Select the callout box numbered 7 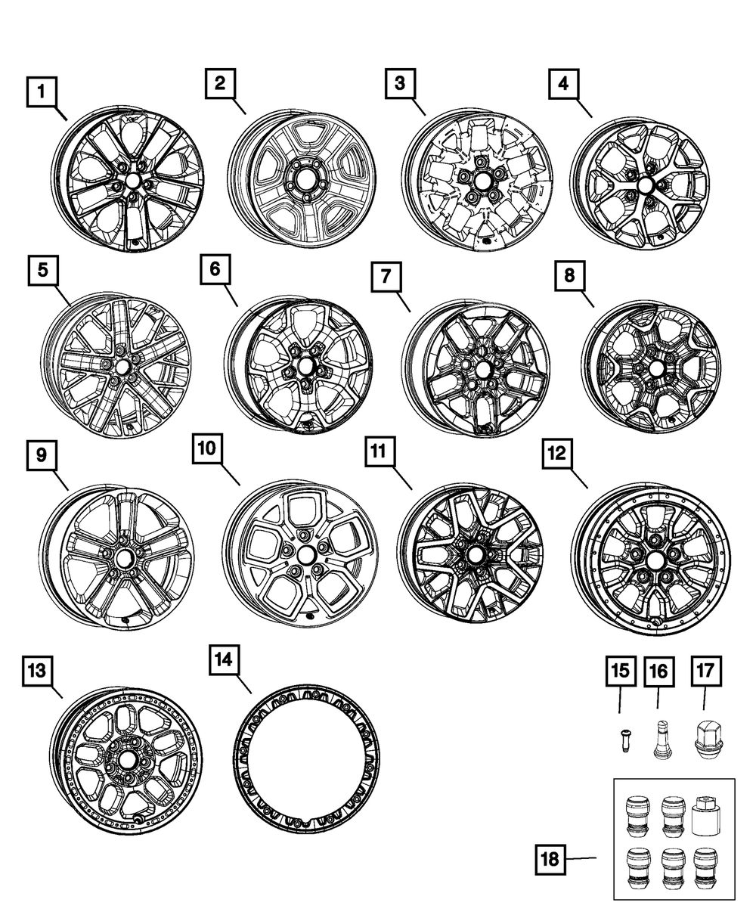(x=386, y=278)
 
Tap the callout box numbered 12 (x=558, y=453)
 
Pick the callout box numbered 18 (x=553, y=858)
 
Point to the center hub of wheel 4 (x=645, y=185)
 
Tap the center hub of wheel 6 (x=305, y=365)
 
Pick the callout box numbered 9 (x=42, y=454)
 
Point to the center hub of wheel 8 (x=656, y=368)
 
